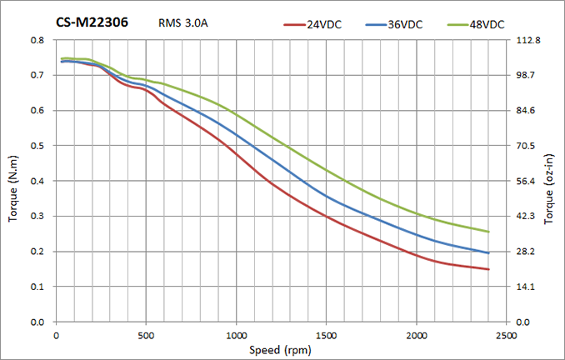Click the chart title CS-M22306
point(92,22)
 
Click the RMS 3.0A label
point(182,22)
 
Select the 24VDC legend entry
point(322,25)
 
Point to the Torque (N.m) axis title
point(13,181)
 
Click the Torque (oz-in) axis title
point(549,181)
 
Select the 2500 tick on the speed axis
point(507,335)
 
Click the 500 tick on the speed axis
point(146,335)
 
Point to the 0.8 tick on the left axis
point(37,40)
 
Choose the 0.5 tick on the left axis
point(37,146)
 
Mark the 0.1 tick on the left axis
point(37,287)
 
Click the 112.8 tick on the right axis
point(530,40)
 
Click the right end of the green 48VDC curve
point(488,232)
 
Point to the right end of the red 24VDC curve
point(488,269)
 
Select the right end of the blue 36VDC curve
point(488,252)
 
